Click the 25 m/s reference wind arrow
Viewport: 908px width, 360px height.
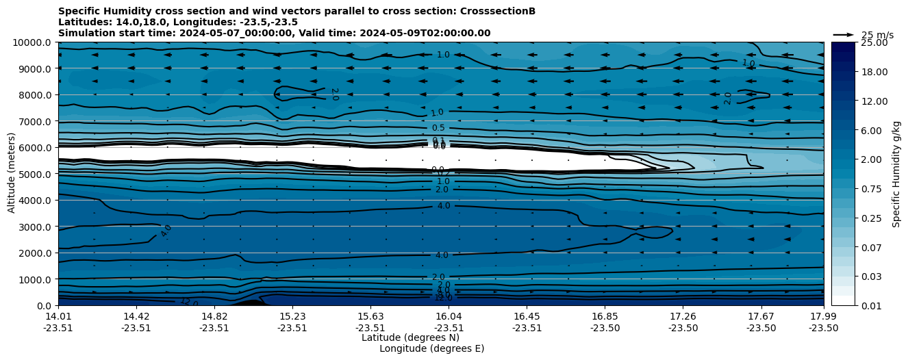pyautogui.click(x=844, y=35)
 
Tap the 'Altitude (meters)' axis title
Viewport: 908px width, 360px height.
pyautogui.click(x=12, y=173)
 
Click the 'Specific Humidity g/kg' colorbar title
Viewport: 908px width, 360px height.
pyautogui.click(x=897, y=174)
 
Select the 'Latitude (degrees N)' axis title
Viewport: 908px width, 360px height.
pyautogui.click(x=410, y=337)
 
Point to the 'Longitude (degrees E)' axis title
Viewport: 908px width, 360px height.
pyautogui.click(x=431, y=348)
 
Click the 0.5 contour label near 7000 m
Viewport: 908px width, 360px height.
pyautogui.click(x=438, y=128)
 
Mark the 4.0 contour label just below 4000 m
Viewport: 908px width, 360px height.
pyautogui.click(x=444, y=206)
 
